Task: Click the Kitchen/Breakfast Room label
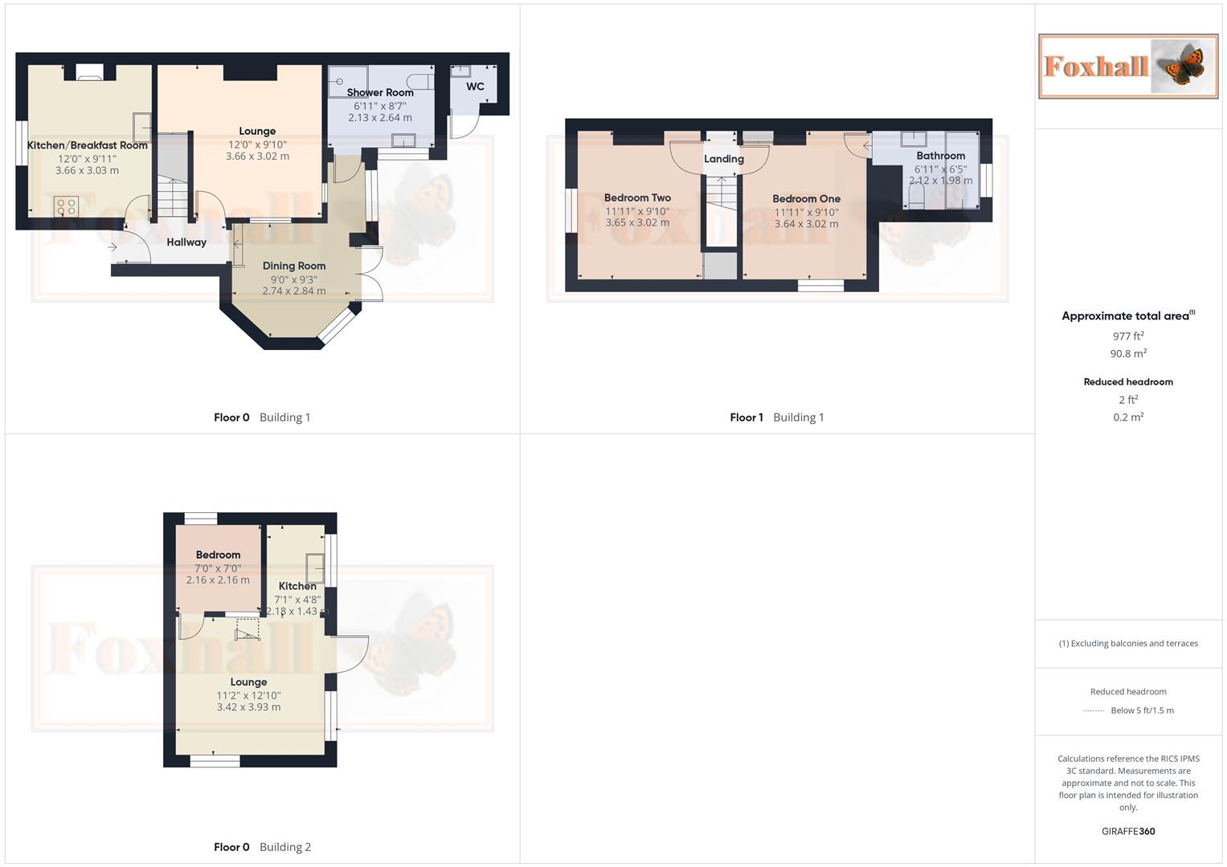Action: (x=87, y=145)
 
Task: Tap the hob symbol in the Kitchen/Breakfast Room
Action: (x=66, y=206)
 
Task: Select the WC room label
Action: (x=475, y=87)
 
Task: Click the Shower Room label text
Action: (x=380, y=92)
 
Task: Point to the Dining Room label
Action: (x=294, y=266)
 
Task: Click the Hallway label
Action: (x=186, y=242)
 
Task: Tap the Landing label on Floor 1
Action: (x=723, y=159)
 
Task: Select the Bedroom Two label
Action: (x=637, y=197)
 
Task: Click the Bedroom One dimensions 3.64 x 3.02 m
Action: (x=806, y=224)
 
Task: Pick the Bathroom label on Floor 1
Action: (x=940, y=156)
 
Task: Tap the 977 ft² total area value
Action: (x=1128, y=336)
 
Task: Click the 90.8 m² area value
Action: (x=1128, y=354)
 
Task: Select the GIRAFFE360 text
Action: (x=1128, y=832)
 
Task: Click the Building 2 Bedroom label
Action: (x=218, y=555)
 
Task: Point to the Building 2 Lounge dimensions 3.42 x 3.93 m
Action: (x=248, y=707)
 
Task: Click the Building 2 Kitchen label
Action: (x=297, y=586)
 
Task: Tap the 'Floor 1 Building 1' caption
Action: (x=776, y=417)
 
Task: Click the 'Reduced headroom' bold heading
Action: (x=1128, y=382)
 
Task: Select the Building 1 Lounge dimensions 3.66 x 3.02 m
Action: (x=257, y=157)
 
